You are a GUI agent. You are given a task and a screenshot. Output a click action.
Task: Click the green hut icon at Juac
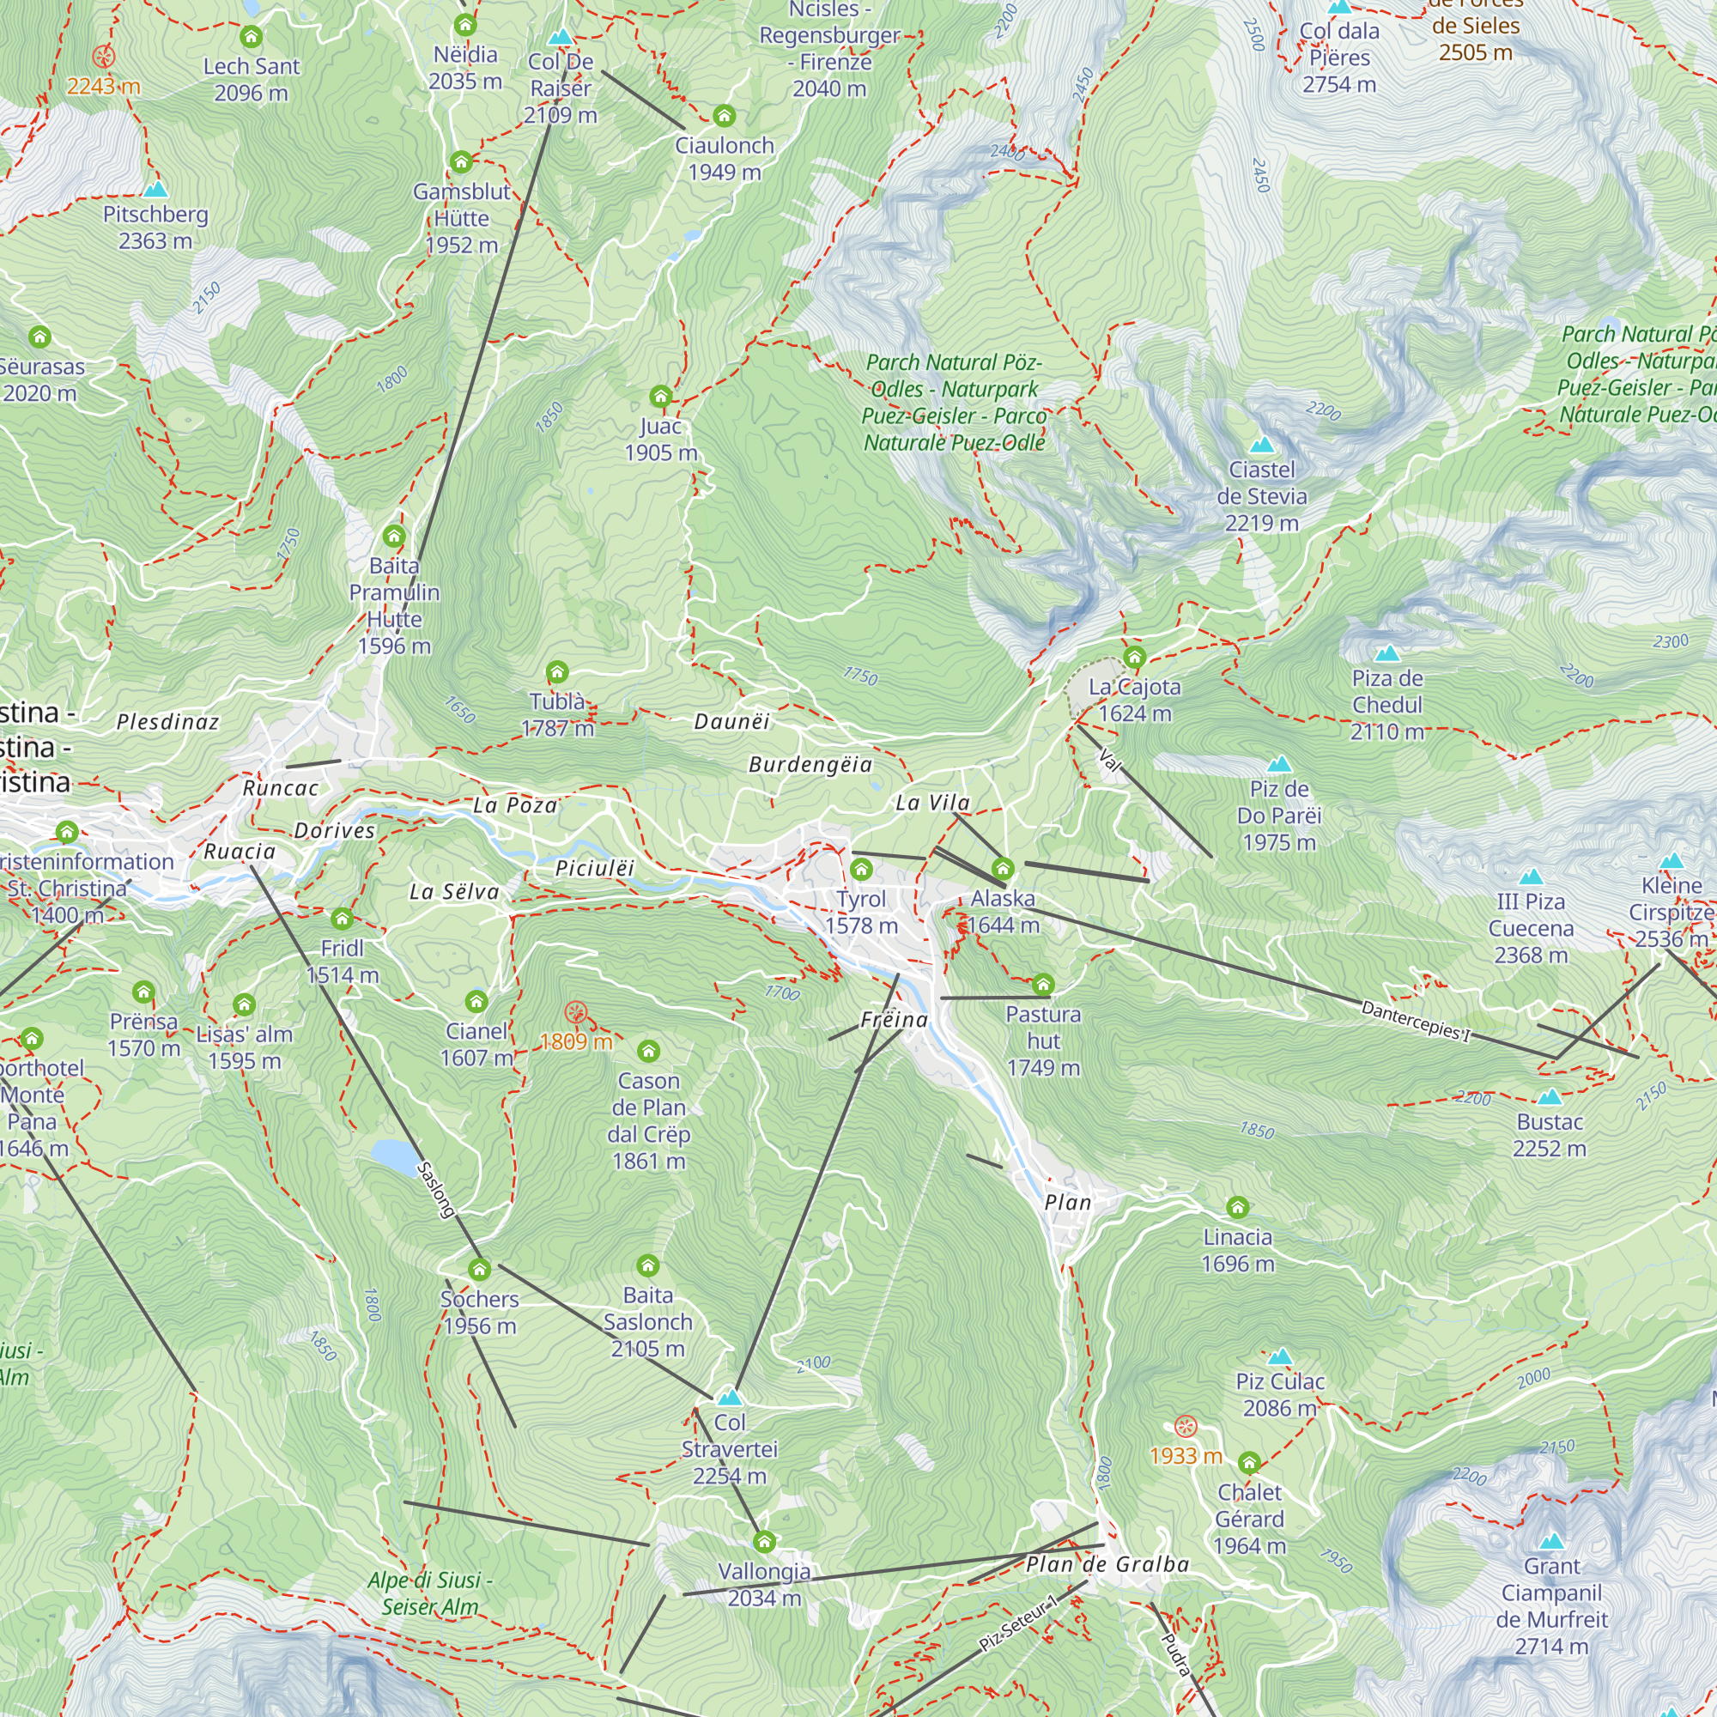click(x=660, y=396)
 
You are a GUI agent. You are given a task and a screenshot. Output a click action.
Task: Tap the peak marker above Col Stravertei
click(x=730, y=1396)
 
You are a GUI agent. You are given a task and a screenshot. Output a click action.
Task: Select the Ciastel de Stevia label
click(x=1261, y=496)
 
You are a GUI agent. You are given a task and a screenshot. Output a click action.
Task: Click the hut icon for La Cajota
click(x=1134, y=658)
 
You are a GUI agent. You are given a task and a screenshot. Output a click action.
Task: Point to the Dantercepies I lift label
click(x=1416, y=1021)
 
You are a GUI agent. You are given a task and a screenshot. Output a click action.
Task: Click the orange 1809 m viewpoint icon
click(x=576, y=1011)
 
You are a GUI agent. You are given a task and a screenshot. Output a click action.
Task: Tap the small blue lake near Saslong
click(x=395, y=1156)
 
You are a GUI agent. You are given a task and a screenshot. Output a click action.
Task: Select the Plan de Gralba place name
click(x=1107, y=1564)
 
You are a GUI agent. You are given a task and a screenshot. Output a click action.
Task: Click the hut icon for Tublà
click(x=557, y=672)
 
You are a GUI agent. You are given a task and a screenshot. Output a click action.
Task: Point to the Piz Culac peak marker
click(x=1280, y=1356)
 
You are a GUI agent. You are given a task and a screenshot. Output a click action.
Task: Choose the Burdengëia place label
click(x=810, y=764)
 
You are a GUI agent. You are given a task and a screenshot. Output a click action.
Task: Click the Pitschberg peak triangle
click(x=155, y=189)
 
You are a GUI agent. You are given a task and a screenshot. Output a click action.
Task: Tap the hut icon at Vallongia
click(x=764, y=1541)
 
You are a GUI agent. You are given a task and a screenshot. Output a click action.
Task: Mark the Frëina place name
click(x=894, y=1019)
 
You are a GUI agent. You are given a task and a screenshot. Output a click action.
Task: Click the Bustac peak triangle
click(x=1549, y=1096)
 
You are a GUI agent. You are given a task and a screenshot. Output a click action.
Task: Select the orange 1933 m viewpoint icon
click(x=1186, y=1426)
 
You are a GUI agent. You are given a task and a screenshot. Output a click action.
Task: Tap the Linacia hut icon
click(x=1237, y=1207)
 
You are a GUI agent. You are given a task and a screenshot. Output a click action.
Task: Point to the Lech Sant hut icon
click(x=252, y=37)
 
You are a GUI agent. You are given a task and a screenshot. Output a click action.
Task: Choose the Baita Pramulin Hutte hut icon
click(x=395, y=536)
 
